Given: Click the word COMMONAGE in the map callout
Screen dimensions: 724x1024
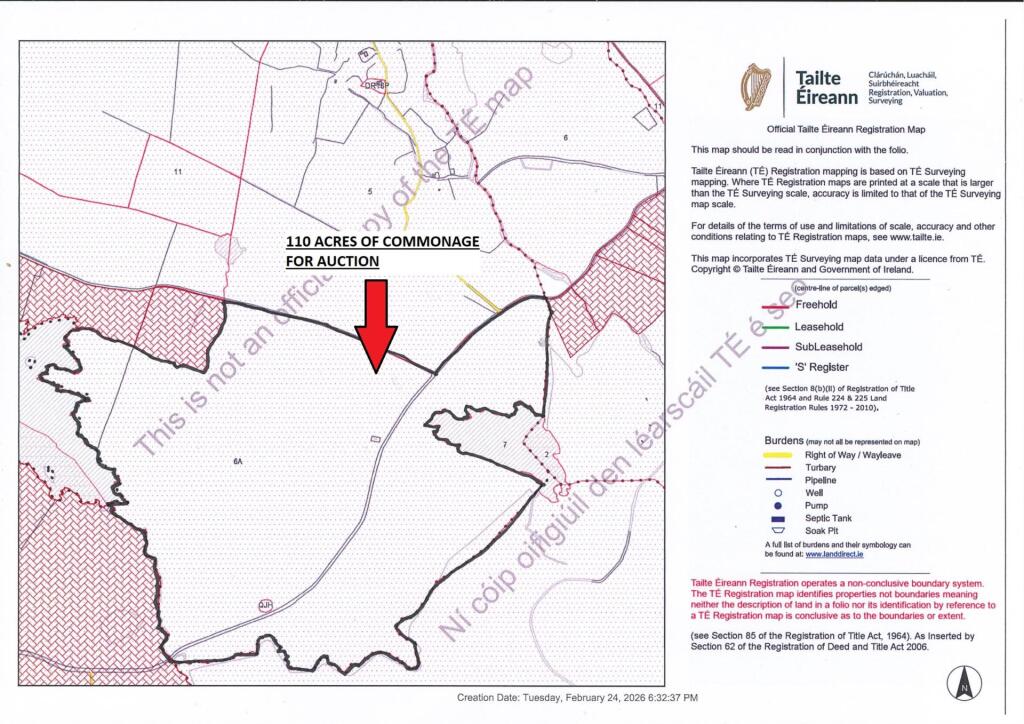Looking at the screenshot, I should pos(434,242).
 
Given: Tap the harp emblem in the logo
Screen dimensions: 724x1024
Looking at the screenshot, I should pos(756,86).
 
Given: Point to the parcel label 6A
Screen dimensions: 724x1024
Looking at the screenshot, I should pos(237,461).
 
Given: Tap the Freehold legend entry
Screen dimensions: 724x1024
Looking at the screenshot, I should pos(816,305).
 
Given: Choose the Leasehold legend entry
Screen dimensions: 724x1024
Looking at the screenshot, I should pos(819,326).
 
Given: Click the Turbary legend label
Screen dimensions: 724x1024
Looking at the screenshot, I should pos(821,467).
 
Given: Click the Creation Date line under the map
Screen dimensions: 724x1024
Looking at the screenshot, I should pos(578,697).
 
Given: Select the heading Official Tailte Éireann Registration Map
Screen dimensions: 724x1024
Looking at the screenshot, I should pos(846,130).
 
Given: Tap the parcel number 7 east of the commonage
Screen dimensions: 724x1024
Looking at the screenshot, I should pos(505,442).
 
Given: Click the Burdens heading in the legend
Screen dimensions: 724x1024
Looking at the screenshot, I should pos(790,440).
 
